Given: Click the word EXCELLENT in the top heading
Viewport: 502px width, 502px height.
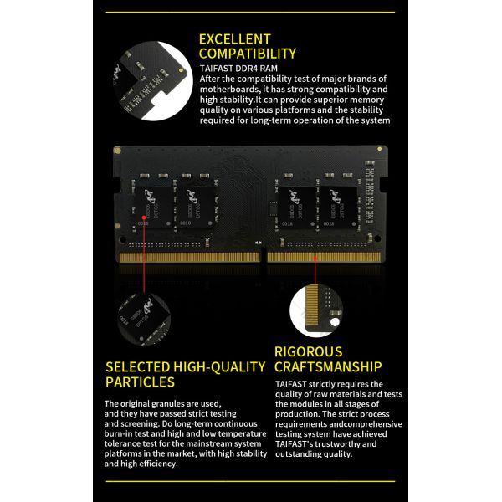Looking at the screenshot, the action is (x=234, y=39).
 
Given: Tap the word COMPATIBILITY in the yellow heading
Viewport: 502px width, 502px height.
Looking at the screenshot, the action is (x=248, y=54).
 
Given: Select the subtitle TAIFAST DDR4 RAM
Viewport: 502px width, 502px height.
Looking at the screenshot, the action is (x=238, y=69).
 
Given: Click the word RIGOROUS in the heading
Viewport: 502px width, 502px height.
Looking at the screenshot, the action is (x=308, y=352).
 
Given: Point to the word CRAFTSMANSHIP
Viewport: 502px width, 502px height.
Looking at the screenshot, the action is (x=328, y=367).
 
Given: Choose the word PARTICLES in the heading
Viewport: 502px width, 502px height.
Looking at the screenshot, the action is (x=140, y=382).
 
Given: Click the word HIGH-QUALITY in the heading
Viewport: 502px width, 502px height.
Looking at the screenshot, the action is (x=219, y=367).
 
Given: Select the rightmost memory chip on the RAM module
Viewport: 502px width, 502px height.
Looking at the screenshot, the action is (x=338, y=207).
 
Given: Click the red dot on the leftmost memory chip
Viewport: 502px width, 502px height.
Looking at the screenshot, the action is (x=144, y=218).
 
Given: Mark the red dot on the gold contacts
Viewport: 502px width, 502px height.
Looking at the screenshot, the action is (x=315, y=259).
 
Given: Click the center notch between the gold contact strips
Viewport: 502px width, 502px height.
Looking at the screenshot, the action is (x=264, y=255).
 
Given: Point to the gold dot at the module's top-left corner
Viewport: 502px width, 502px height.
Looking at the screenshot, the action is (x=117, y=150).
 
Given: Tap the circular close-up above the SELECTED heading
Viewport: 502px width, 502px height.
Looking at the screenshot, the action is (x=144, y=320).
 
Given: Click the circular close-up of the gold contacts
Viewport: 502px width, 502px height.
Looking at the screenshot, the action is (x=315, y=311).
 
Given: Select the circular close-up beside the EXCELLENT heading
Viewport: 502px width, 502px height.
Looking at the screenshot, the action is (x=153, y=81).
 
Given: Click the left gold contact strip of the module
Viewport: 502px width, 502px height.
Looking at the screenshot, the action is (x=190, y=258).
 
